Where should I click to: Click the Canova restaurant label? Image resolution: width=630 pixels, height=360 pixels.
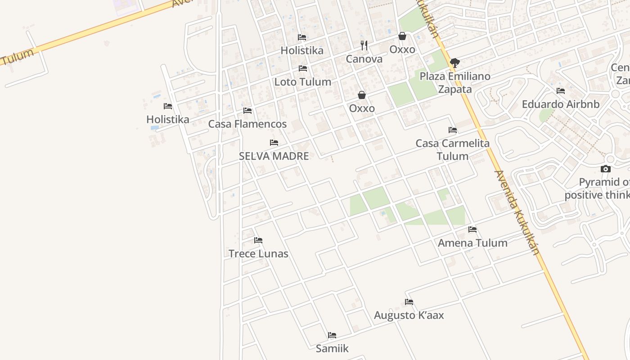364,59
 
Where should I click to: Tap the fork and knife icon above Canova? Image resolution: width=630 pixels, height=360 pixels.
364,45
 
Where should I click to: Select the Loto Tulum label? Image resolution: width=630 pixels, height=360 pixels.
303,82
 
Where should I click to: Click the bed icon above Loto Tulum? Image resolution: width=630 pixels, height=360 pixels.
303,68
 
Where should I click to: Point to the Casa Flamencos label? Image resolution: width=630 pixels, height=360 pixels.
247,124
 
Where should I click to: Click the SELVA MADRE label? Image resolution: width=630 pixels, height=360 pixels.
274,156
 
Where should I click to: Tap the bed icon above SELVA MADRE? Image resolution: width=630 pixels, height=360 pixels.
274,143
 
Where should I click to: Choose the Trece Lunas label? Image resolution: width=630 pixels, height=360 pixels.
258,253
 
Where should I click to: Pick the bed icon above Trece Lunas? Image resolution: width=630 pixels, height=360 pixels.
258,240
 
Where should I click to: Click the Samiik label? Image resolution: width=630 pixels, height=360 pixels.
332,348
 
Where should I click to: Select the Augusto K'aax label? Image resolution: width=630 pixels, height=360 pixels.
409,315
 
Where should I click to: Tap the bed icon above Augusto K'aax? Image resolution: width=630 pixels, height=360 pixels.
409,302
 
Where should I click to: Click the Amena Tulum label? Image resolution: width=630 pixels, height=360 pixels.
472,243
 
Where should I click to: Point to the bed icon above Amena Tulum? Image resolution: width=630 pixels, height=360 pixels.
472,229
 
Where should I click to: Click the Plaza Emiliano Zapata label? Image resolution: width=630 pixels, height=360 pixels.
455,82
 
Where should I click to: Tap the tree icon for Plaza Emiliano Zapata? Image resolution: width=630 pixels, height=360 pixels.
455,63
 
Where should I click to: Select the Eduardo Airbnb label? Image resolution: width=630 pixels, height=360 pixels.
561,104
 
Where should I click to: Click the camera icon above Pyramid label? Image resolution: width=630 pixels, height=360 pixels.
606,169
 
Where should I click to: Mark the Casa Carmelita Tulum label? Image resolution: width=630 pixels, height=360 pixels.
453,150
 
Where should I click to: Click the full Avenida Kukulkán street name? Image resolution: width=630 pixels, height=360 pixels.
517,212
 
